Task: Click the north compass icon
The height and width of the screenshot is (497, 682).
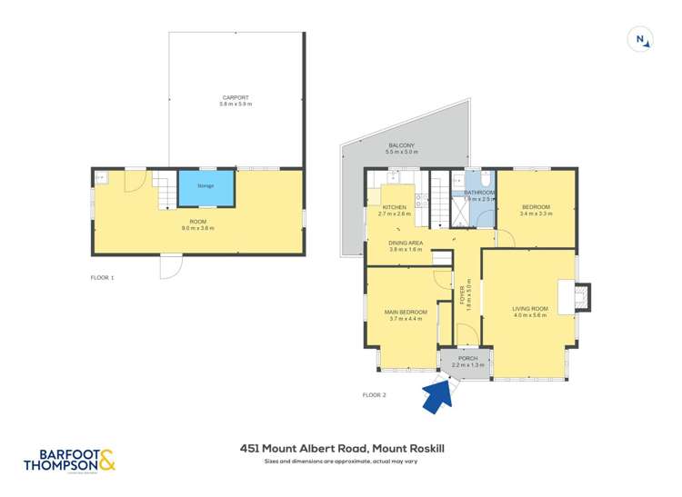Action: [x=641, y=39]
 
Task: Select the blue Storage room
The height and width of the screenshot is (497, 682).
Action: [x=206, y=188]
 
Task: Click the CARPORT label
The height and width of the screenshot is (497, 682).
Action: [x=236, y=97]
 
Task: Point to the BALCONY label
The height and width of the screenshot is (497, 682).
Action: [x=401, y=145]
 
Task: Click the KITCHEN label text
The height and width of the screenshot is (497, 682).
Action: [x=394, y=207]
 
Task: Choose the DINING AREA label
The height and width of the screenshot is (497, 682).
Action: [x=406, y=243]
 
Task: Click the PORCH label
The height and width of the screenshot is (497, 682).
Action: [x=467, y=358]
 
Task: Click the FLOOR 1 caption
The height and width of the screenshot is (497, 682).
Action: [x=103, y=277]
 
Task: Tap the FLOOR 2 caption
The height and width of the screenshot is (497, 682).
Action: [x=375, y=394]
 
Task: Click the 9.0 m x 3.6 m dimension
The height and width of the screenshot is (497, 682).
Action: [x=198, y=228]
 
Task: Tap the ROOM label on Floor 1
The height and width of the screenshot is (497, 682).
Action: [x=198, y=222]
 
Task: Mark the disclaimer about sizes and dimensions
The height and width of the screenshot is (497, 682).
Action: [x=341, y=462]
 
